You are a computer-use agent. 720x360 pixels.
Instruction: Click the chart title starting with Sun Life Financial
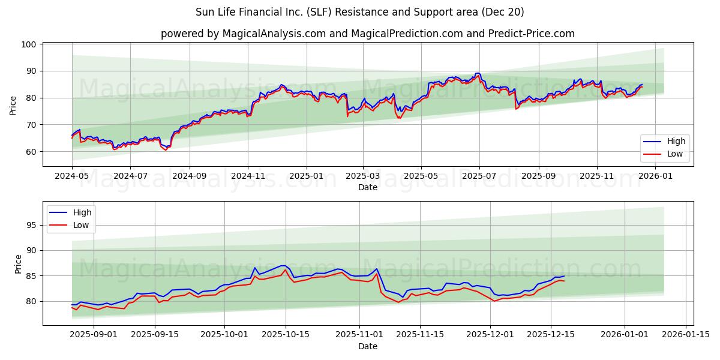click(x=359, y=12)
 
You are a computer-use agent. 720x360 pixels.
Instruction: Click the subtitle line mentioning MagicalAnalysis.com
click(x=367, y=34)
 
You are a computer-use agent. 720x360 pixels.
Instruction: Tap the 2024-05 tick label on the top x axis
click(x=72, y=177)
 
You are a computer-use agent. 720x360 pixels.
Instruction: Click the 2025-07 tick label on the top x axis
click(x=479, y=177)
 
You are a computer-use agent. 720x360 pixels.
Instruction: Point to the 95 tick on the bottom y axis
click(x=32, y=225)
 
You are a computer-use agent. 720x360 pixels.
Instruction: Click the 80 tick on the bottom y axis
click(x=32, y=301)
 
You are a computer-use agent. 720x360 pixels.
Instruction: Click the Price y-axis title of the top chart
click(x=13, y=105)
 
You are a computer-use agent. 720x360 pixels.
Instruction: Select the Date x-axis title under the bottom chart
click(x=367, y=346)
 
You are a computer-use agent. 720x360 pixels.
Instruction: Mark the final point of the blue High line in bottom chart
click(x=564, y=276)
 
